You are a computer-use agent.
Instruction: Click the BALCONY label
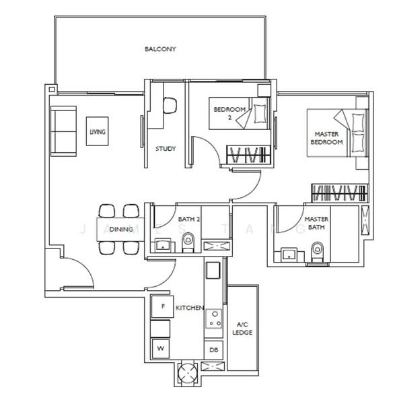point(159,49)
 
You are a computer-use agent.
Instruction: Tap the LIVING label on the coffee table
point(98,133)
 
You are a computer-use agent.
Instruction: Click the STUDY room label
point(166,149)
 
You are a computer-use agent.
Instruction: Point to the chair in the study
point(170,106)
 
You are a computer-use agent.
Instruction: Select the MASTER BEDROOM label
point(327,138)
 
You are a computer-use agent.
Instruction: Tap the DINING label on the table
point(120,230)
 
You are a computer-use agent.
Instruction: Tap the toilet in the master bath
point(317,252)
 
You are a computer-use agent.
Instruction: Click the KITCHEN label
point(190,308)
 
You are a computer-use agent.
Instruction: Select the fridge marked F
point(161,306)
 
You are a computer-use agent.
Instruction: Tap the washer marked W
point(161,349)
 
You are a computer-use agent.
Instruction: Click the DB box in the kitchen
point(213,350)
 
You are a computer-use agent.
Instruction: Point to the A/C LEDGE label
point(242,328)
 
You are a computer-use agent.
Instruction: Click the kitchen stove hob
point(213,318)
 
